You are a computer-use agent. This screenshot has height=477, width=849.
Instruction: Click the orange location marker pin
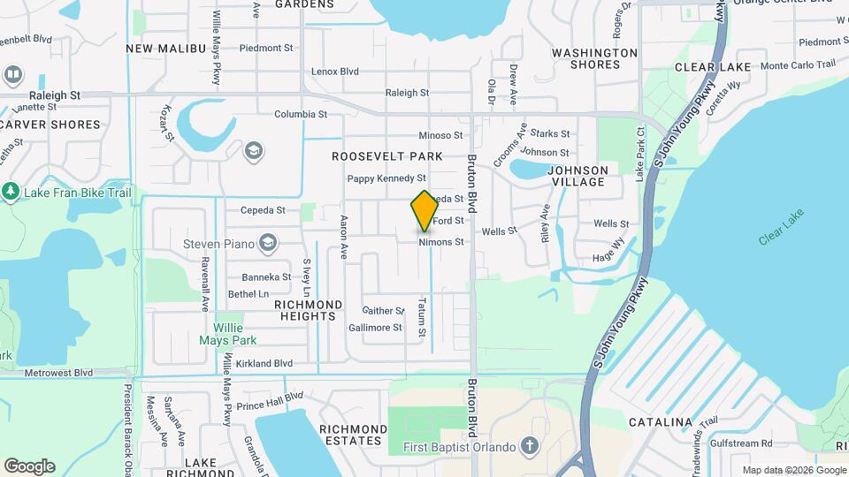coord(424,210)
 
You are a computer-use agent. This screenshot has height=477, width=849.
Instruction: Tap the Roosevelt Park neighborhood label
coord(386,156)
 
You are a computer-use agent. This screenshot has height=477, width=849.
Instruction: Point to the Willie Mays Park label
coord(234,334)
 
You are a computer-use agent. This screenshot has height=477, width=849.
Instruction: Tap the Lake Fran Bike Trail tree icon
coord(11,191)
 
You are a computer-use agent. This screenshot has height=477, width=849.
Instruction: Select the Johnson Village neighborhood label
coord(577,176)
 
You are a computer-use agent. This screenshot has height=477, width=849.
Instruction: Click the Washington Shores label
coord(594,58)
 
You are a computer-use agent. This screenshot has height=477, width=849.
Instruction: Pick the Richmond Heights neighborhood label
coord(305,309)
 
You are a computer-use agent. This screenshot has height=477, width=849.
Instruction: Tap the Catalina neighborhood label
coord(659,422)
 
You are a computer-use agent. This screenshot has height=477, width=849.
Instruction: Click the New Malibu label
coord(166,49)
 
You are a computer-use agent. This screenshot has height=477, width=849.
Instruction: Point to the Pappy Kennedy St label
coord(386,178)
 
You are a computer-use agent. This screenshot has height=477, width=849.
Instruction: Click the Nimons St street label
coord(441,242)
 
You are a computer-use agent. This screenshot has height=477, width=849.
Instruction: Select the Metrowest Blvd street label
coord(59,374)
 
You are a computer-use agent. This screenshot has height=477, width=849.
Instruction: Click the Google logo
coord(29,466)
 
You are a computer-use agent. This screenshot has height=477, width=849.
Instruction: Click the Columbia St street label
coord(301,114)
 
